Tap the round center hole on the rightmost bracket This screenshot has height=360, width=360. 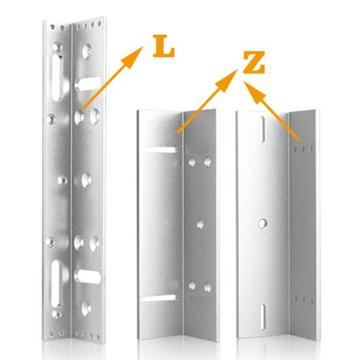[x=262, y=223]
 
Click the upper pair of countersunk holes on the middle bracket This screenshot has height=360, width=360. [x=200, y=160]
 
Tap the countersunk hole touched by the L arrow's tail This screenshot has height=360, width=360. [x=81, y=115]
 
